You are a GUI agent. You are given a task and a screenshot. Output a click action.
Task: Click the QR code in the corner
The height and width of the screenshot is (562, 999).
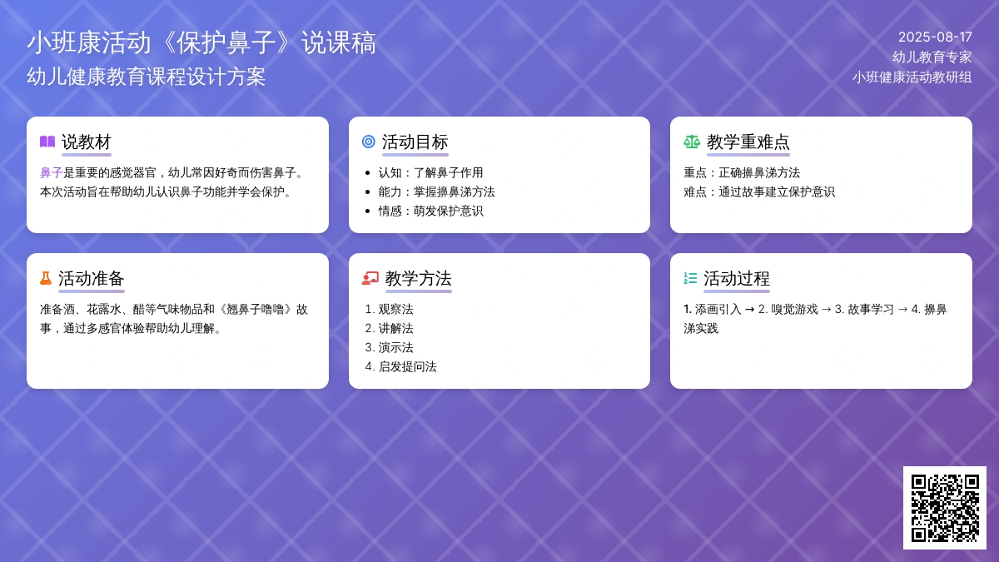[945, 508]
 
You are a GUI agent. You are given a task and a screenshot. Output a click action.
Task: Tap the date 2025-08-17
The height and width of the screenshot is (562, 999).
[935, 37]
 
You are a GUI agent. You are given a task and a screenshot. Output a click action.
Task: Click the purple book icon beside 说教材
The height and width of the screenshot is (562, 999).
[47, 142]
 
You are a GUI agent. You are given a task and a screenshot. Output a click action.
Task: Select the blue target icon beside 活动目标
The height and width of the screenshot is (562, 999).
[368, 142]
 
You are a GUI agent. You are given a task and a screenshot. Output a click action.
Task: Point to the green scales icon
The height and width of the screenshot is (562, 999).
[692, 142]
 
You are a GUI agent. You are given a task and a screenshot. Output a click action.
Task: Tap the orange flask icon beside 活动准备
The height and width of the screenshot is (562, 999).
[46, 278]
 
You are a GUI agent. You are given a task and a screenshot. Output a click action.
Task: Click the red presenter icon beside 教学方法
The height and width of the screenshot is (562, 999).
[370, 278]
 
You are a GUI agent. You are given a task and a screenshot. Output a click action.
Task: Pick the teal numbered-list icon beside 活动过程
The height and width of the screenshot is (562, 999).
[690, 278]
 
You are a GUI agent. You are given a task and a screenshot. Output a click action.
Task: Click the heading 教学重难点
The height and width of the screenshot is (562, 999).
[748, 142]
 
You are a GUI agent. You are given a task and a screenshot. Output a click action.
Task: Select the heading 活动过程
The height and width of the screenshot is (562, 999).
[736, 279]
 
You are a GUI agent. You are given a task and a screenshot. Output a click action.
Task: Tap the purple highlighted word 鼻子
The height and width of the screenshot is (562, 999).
[52, 172]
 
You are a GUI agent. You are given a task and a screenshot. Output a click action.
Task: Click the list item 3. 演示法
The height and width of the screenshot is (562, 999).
[389, 347]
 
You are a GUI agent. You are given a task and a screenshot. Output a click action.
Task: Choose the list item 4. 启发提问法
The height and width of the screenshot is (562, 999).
[400, 366]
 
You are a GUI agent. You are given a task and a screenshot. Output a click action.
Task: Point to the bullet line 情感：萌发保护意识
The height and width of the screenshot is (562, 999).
[430, 211]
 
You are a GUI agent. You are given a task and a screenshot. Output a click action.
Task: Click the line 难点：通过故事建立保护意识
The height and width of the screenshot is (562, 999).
[759, 191]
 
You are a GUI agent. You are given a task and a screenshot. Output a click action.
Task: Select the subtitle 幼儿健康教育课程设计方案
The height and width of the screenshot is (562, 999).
[147, 77]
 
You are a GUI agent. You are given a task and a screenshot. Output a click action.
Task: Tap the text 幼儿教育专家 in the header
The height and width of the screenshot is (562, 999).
[932, 57]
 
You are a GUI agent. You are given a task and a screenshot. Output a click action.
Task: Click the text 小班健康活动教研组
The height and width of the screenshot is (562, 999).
[912, 77]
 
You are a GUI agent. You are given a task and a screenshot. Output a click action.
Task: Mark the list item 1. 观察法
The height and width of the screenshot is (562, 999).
[389, 309]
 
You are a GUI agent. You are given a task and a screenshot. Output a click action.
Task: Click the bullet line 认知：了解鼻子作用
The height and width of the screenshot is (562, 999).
[430, 172]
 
